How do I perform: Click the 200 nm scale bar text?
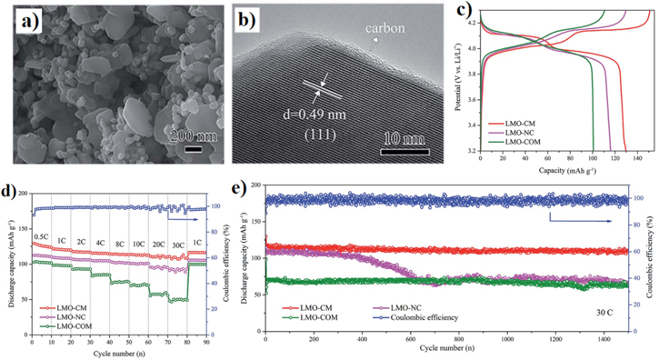(190, 137)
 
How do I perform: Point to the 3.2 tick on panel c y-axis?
(468, 152)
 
